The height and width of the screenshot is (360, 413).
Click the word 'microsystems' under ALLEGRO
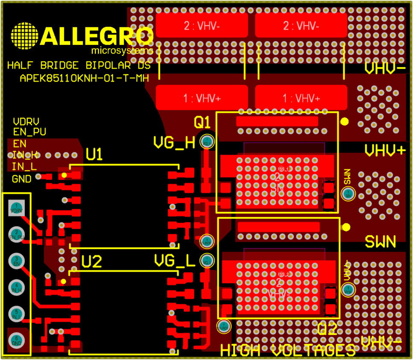(122, 51)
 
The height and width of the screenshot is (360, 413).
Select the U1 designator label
(94, 154)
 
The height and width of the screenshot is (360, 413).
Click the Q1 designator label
(202, 123)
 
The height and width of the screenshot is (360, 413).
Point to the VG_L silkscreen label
(174, 260)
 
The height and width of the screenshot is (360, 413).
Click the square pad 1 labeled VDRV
(16, 208)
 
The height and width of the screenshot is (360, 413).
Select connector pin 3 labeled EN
(16, 261)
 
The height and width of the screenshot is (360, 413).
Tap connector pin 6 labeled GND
(16, 340)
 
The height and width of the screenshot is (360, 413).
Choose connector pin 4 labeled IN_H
(16, 287)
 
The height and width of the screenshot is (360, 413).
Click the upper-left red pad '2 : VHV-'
(202, 25)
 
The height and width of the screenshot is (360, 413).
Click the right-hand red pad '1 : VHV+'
(301, 98)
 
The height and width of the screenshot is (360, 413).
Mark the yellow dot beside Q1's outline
(345, 122)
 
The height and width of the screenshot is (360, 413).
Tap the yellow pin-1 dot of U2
(64, 281)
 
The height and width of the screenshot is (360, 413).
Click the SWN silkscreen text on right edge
(380, 242)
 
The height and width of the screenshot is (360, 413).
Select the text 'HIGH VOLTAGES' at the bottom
(288, 351)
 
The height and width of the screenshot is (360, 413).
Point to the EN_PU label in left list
(29, 132)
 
